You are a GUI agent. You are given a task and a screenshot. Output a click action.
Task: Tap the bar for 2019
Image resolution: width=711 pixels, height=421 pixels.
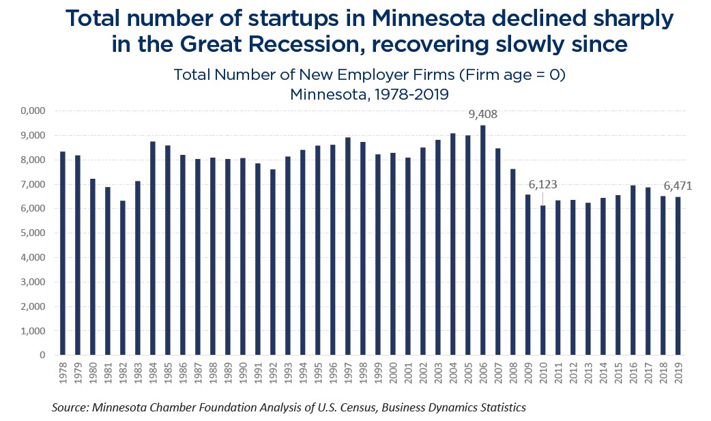click(678, 276)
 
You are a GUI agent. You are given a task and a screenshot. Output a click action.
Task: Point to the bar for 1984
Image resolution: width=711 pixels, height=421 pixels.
click(153, 248)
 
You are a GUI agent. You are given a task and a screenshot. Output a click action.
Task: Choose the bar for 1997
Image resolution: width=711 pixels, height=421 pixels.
click(348, 246)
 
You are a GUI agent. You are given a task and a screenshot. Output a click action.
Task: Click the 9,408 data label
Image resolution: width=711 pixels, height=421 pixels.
click(483, 115)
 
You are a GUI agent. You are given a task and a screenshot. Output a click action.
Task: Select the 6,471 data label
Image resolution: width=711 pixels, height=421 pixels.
click(678, 185)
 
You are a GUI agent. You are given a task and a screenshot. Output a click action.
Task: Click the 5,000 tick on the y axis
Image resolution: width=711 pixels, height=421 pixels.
click(31, 233)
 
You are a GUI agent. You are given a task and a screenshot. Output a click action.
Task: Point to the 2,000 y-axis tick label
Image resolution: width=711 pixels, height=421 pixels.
click(31, 307)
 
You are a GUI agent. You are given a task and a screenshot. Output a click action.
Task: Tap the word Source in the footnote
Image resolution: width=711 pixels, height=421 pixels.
click(70, 407)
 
